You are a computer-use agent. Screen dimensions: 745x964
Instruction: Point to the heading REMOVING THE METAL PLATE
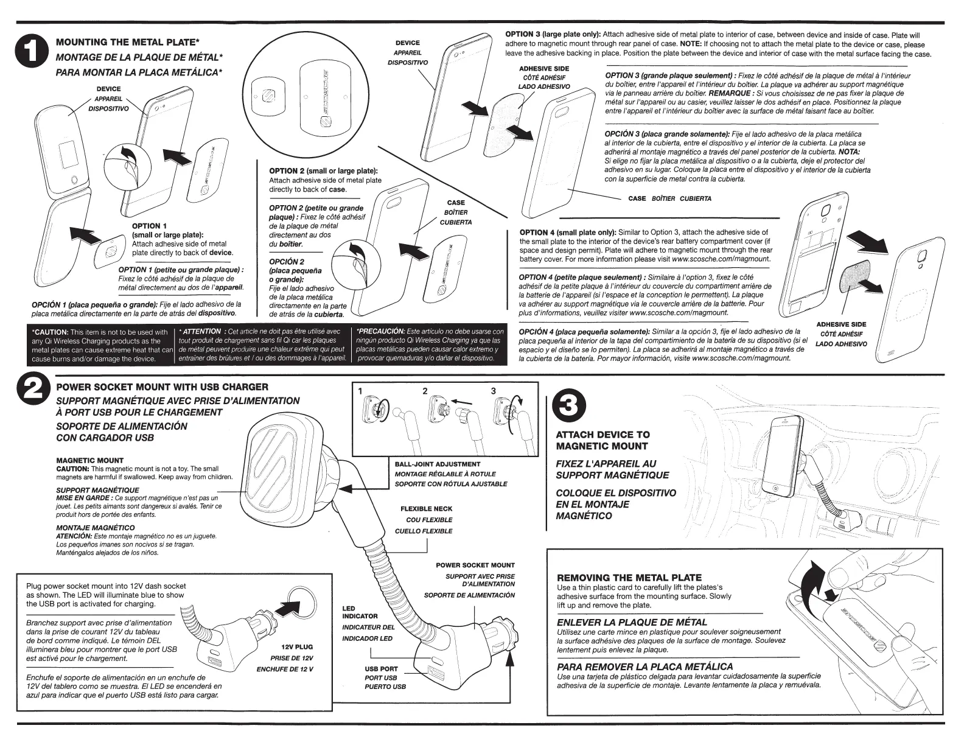tap(629, 577)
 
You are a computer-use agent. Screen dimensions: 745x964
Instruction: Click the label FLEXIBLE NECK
tap(426, 508)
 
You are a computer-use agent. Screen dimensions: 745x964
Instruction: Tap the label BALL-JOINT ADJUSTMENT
tap(437, 464)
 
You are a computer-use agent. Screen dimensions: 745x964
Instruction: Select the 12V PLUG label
tap(297, 646)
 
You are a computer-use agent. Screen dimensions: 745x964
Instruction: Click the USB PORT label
tap(381, 668)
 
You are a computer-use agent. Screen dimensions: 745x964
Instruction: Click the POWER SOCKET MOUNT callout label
tap(475, 565)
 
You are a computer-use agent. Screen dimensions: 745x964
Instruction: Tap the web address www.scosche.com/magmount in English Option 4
tap(721, 259)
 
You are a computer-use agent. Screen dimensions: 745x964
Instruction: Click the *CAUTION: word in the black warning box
tap(51, 332)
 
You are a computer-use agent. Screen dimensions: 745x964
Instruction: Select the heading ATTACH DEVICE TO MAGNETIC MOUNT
tap(602, 440)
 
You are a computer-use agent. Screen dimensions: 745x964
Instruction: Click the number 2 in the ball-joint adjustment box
tap(425, 391)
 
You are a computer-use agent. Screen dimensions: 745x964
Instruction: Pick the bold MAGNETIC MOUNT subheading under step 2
tap(89, 460)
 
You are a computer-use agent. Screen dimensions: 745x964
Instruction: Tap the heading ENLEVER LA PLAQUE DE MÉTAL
tap(632, 622)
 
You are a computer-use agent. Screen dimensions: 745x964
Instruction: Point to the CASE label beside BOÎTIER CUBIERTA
tap(637, 198)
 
